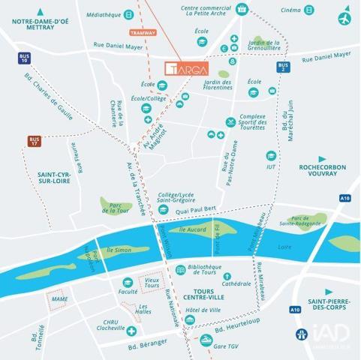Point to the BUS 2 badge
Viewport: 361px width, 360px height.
pos(282,67)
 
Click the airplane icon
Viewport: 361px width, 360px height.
pos(344,17)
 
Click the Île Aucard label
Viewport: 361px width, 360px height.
pos(192,228)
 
